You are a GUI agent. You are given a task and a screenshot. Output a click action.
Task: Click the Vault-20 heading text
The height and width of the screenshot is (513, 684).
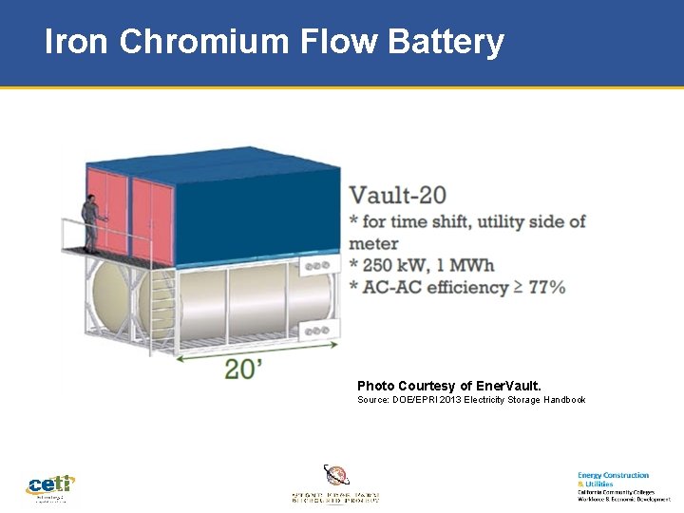point(397,196)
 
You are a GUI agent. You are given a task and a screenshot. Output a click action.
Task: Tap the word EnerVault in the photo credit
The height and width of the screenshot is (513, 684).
point(506,386)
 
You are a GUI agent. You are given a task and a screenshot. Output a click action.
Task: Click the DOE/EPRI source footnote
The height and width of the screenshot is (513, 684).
point(471,400)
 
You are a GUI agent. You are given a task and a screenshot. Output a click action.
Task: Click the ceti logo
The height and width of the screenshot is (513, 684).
point(49,486)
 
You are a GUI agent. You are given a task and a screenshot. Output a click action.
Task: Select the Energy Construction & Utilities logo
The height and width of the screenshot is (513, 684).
point(623,485)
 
